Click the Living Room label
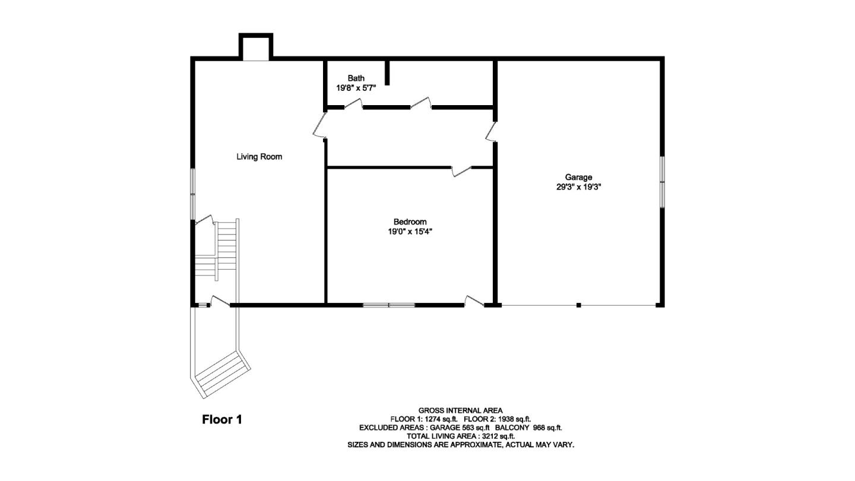click(259, 157)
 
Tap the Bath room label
click(356, 78)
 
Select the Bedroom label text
click(410, 222)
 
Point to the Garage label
click(578, 177)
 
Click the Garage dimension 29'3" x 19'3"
click(578, 186)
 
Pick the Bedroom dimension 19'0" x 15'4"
click(410, 232)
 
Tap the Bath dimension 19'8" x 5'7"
click(356, 88)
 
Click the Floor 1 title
click(222, 419)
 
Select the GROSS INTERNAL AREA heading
click(460, 410)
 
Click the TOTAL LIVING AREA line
click(460, 436)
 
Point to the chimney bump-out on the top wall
click(256, 47)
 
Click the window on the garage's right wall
click(662, 182)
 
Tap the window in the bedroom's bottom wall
click(389, 305)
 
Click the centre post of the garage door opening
click(578, 305)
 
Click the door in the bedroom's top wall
click(461, 170)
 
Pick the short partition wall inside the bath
click(387, 72)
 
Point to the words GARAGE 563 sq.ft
click(460, 428)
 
